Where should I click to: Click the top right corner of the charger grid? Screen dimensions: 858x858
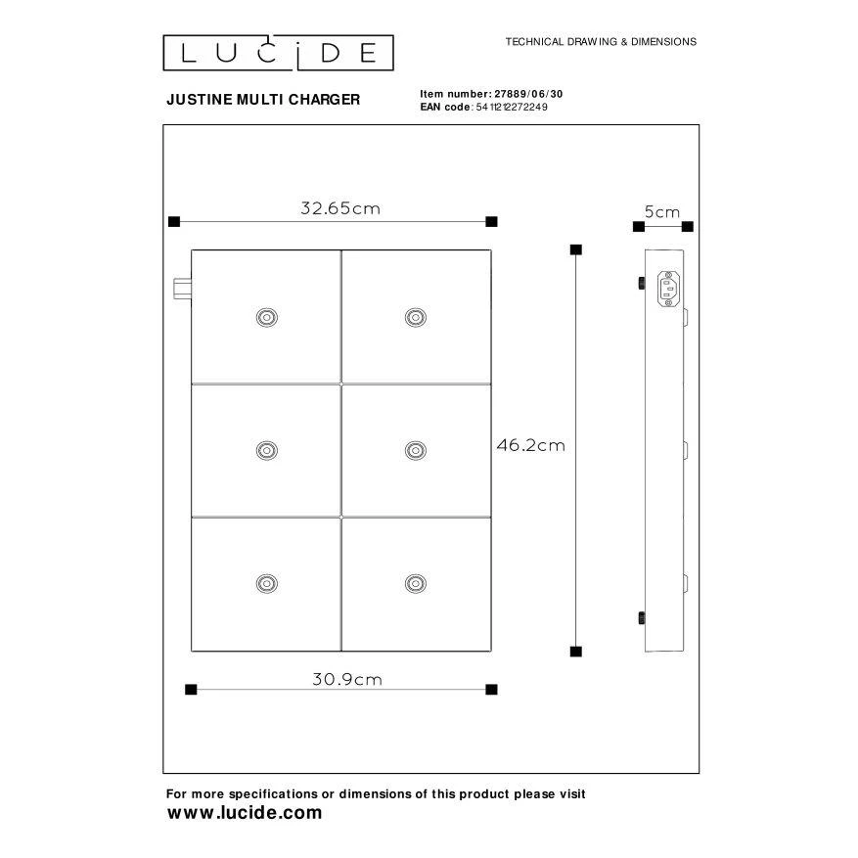(x=491, y=250)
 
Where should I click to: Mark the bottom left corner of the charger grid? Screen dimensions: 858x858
(x=192, y=651)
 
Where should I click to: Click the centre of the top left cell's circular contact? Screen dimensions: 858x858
(x=267, y=317)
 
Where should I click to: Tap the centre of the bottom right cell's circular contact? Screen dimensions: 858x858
(x=416, y=584)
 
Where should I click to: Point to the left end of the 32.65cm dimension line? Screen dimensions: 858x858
(x=174, y=222)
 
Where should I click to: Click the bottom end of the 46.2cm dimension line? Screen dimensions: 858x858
(x=575, y=652)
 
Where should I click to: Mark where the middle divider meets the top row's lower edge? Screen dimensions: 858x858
(x=341, y=384)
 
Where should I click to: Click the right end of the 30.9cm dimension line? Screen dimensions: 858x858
(x=491, y=690)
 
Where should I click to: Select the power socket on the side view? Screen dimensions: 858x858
(x=668, y=289)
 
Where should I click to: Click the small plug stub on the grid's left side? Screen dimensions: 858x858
(x=182, y=289)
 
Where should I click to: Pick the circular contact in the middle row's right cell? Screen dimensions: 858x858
(x=416, y=450)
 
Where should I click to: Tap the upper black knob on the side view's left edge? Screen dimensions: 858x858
(x=642, y=283)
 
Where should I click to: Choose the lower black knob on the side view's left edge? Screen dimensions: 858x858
(x=642, y=618)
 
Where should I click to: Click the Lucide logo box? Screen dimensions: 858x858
(x=279, y=53)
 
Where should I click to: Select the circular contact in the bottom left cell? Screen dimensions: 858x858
(x=267, y=584)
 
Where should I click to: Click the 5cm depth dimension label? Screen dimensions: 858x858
(x=662, y=211)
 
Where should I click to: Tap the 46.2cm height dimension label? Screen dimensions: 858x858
(x=531, y=445)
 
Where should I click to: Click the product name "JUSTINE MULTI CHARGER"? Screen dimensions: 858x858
(x=263, y=100)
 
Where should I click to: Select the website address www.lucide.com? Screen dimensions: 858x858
(x=245, y=813)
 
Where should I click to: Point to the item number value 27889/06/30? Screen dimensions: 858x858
(x=528, y=94)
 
